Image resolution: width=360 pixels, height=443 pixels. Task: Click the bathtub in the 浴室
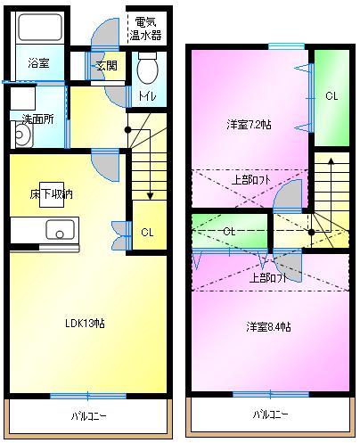coord(40,28)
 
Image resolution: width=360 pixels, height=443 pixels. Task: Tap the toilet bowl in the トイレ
coord(148,68)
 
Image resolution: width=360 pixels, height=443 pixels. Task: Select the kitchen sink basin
coord(60,229)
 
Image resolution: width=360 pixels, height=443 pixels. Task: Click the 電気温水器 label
coord(145,29)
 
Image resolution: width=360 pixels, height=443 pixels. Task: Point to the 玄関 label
coord(107,65)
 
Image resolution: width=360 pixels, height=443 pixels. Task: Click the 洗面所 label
coord(38,119)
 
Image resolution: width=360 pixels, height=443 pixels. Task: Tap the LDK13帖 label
coord(85,323)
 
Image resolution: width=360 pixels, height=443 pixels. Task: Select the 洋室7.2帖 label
coord(249,125)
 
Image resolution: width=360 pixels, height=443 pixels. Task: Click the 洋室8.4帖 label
coord(268,327)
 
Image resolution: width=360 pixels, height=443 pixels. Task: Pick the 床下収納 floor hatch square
coord(52,194)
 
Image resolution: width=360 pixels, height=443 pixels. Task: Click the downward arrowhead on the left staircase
coord(150,196)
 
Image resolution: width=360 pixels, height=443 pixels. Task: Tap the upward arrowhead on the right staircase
coord(331,160)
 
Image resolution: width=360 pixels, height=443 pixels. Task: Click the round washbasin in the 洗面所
coord(22,135)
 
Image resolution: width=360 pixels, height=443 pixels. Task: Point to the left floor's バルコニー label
coord(88,416)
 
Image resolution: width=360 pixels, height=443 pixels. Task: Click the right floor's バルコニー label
coord(270,414)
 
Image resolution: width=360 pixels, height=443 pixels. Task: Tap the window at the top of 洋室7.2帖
coord(287,46)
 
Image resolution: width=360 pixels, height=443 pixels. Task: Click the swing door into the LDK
coord(105,165)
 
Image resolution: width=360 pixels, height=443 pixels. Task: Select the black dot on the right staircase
coord(311,233)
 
